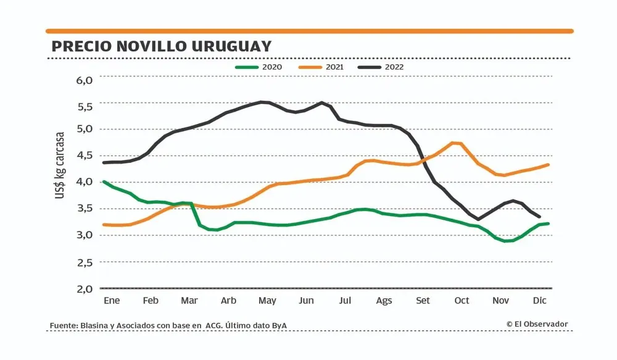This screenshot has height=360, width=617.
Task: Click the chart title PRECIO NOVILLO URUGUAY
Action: click(x=162, y=47)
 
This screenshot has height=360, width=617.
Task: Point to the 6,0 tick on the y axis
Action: click(x=85, y=80)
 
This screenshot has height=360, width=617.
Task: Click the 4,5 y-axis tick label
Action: click(x=85, y=156)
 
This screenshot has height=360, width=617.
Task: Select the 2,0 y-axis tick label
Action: click(x=85, y=288)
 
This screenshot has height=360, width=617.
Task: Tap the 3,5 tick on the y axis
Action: click(x=85, y=208)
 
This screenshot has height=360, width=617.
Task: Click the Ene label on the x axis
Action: click(x=111, y=301)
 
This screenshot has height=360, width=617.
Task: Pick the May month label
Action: click(x=267, y=301)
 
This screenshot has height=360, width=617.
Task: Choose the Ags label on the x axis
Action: click(x=384, y=301)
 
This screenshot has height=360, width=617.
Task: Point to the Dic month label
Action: click(x=540, y=301)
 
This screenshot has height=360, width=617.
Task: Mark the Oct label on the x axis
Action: click(x=462, y=301)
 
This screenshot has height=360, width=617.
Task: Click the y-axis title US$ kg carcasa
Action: click(x=60, y=165)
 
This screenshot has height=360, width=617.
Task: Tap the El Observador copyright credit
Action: click(x=537, y=324)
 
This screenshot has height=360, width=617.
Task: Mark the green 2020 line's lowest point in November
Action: click(x=506, y=241)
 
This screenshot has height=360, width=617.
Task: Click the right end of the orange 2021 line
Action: click(x=549, y=165)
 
